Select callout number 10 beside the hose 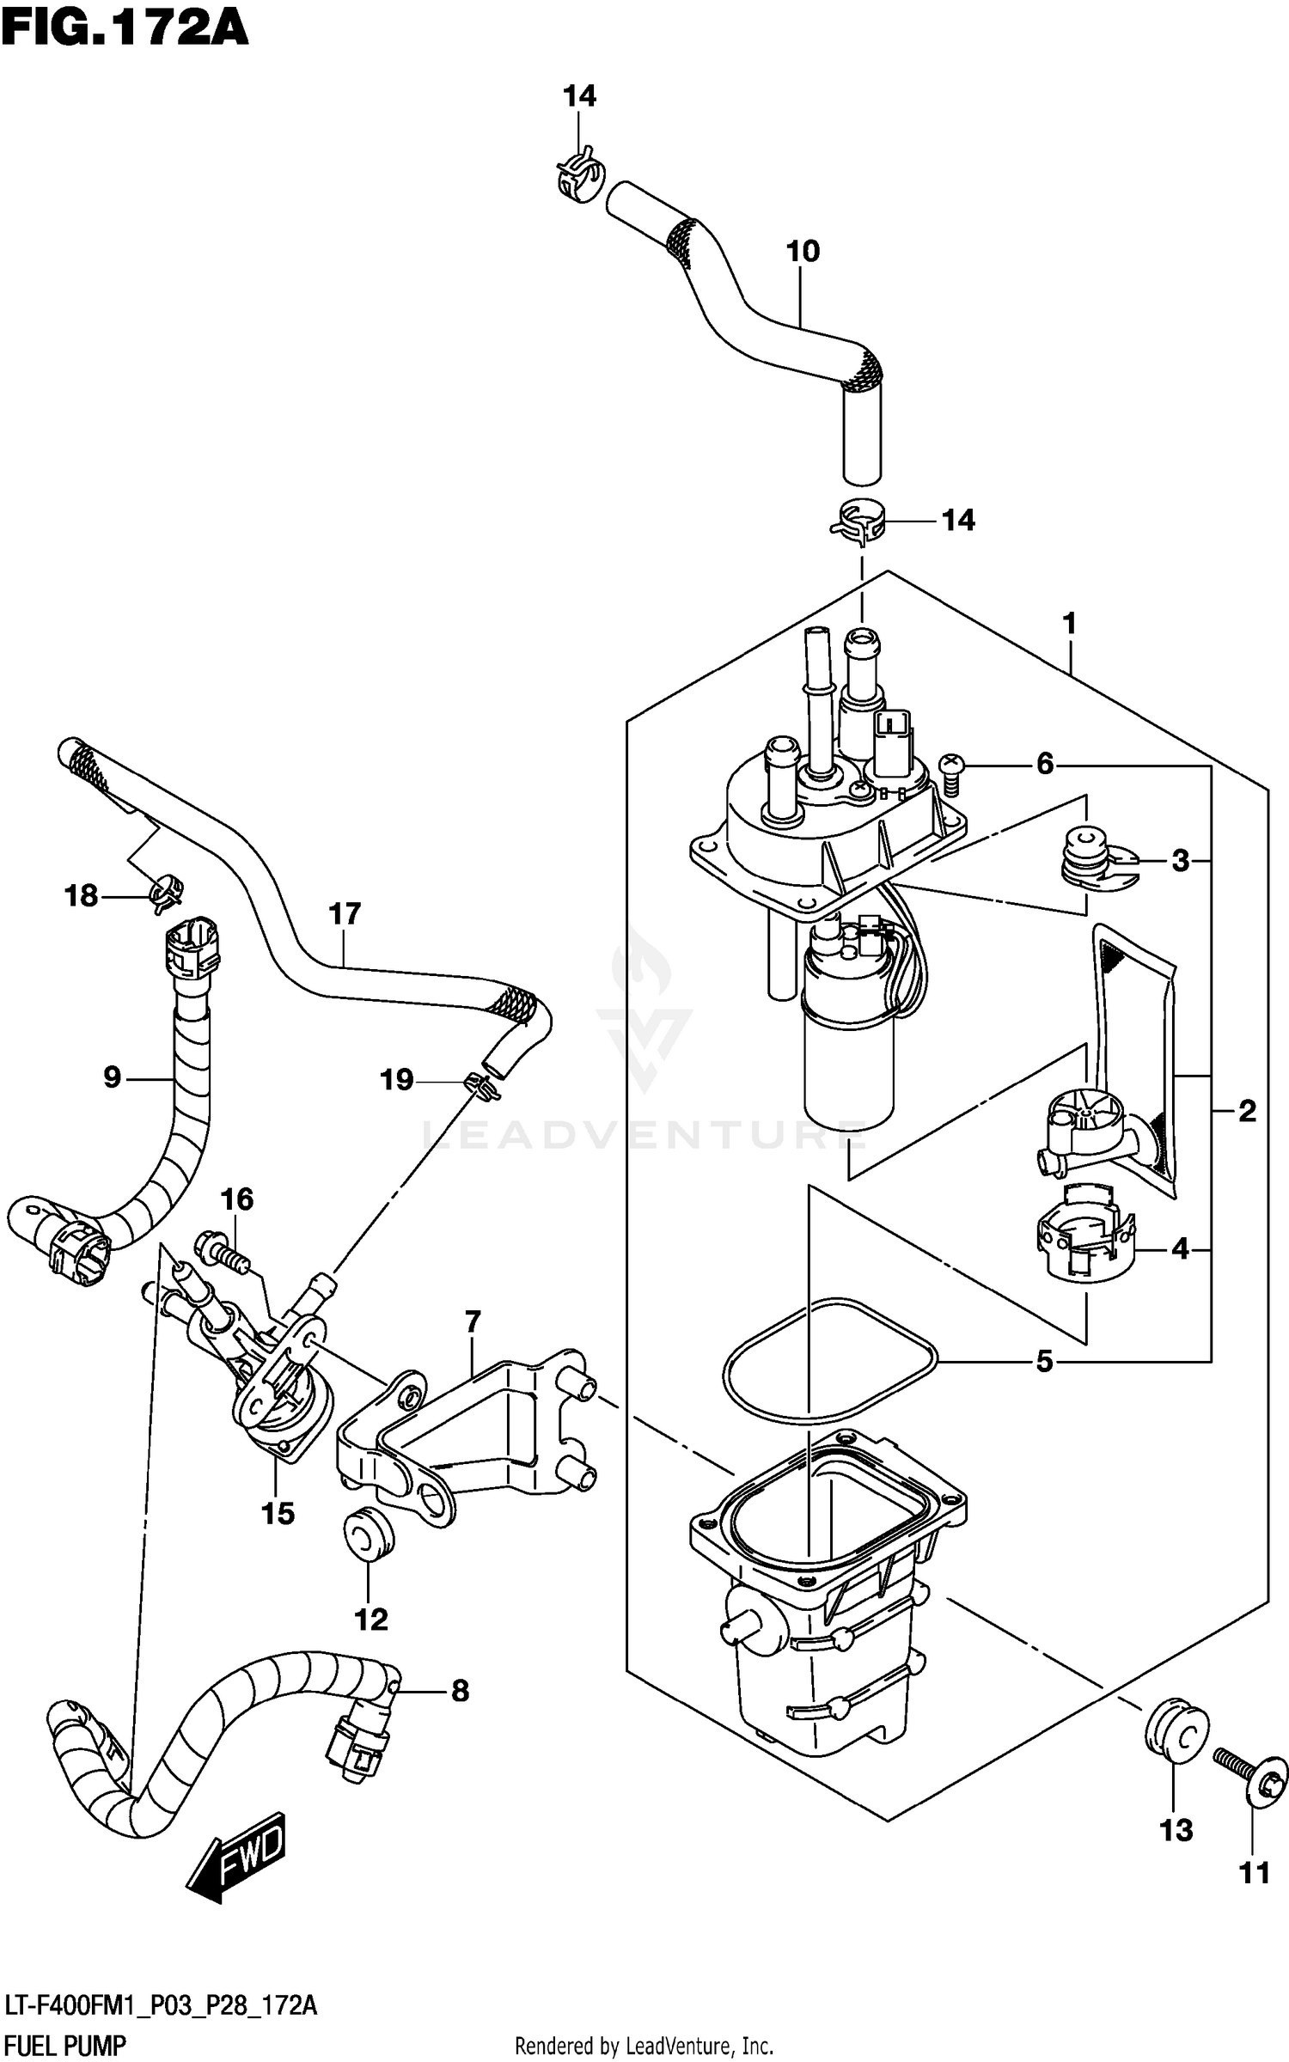[x=803, y=252]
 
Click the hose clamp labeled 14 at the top [x=575, y=175]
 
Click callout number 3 [x=1181, y=860]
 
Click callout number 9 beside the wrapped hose [x=113, y=1077]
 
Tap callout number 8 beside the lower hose [x=460, y=1692]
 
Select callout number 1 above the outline [x=1070, y=623]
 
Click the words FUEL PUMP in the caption [x=64, y=2046]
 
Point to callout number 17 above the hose [x=344, y=913]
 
